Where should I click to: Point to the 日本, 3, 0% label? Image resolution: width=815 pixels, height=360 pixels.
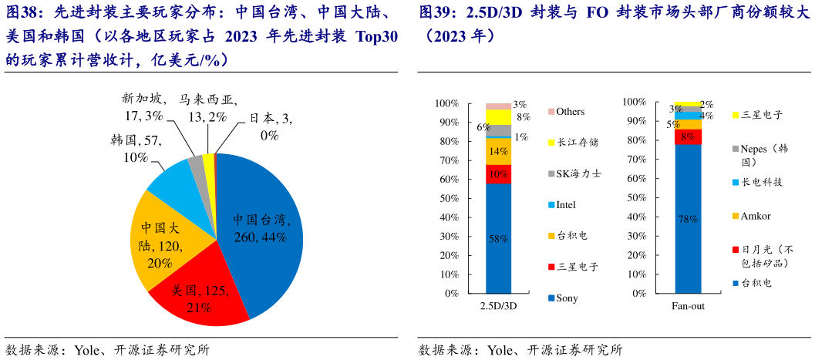coord(269,126)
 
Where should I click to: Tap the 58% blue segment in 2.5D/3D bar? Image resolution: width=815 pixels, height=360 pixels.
coord(497,239)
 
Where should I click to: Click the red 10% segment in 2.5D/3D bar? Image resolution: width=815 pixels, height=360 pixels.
coord(497,174)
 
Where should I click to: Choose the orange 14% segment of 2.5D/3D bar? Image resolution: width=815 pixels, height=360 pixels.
coord(497,151)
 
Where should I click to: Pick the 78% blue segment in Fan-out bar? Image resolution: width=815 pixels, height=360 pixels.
coord(688,220)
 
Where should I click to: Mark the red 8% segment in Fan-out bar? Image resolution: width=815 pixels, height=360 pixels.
coord(688,136)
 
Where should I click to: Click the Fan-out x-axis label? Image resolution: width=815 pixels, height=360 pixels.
coord(688,306)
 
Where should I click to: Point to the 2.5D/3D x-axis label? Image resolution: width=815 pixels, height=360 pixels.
coord(497,306)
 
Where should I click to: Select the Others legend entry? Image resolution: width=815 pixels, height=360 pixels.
coord(570,112)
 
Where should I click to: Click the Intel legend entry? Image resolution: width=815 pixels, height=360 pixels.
coord(566,205)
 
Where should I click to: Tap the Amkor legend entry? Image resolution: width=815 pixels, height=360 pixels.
coord(756,216)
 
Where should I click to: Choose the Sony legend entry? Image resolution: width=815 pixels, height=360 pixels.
coord(567,298)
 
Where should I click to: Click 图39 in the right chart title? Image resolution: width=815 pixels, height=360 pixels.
coord(436,13)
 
